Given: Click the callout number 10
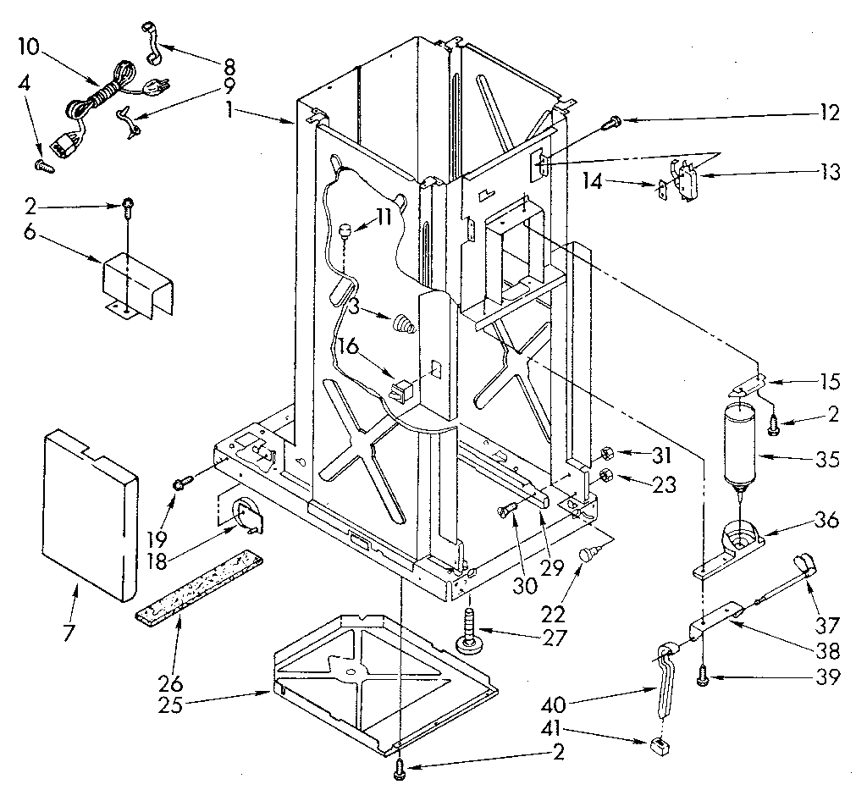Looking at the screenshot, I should (x=29, y=47).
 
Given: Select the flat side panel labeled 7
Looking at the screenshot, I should (x=89, y=508).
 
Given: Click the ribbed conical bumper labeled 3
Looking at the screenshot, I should (x=404, y=323).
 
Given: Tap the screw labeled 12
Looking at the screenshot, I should (x=609, y=125).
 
